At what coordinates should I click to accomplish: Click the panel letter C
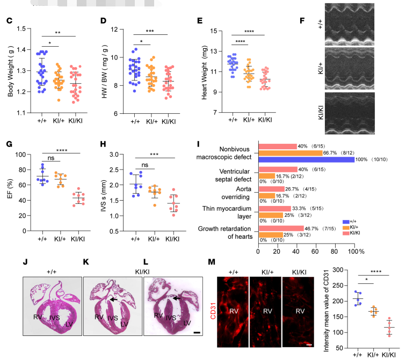[9, 21]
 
